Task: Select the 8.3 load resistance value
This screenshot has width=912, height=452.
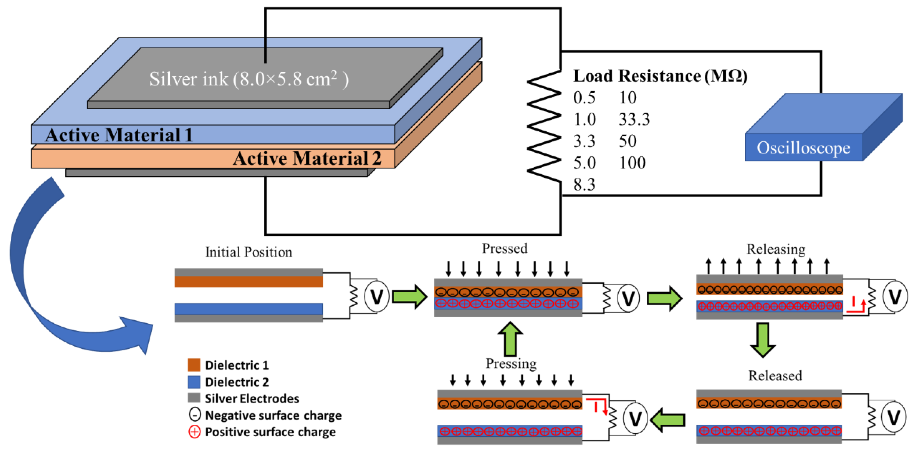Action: [584, 184]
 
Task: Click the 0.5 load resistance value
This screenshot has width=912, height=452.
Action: [584, 98]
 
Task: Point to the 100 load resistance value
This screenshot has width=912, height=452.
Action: [632, 163]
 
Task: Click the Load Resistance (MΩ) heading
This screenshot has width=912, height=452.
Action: [660, 76]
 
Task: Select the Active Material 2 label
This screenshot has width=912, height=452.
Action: [307, 158]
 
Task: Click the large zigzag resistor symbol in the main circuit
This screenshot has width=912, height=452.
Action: [544, 127]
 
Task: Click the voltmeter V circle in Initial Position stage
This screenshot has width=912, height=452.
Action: [377, 296]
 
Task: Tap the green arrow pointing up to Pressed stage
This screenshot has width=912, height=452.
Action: [510, 338]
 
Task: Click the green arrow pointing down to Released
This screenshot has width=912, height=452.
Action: [763, 339]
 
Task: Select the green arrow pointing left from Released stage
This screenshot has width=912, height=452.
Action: [668, 420]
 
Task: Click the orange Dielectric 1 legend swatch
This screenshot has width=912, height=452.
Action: [194, 365]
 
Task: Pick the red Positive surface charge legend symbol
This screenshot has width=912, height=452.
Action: [194, 432]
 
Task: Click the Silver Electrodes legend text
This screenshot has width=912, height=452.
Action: [252, 398]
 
